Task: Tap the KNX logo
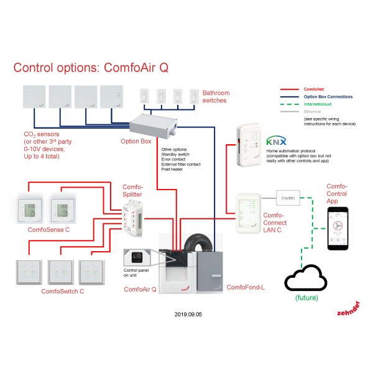click(277, 141)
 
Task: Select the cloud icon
click(306, 280)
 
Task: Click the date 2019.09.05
click(188, 314)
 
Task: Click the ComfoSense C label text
click(49, 230)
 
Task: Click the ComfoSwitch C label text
click(63, 290)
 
